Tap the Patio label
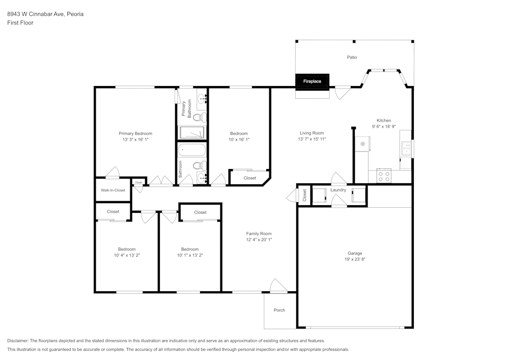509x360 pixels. (x=352, y=58)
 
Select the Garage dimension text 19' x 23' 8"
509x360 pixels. (x=355, y=259)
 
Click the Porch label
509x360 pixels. (x=279, y=310)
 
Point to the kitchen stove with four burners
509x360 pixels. (x=384, y=176)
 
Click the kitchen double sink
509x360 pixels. (x=406, y=148)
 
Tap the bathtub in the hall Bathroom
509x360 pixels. (x=192, y=151)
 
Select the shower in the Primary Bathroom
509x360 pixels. (x=192, y=132)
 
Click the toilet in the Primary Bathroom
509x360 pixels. (x=200, y=118)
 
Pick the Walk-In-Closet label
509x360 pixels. (x=112, y=190)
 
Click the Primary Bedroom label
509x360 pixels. (x=135, y=133)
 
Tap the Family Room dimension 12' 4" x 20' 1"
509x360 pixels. (x=259, y=239)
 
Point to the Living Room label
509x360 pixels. (x=312, y=133)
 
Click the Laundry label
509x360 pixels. (x=338, y=190)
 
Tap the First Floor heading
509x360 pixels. (x=20, y=23)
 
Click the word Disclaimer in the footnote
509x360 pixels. (x=18, y=341)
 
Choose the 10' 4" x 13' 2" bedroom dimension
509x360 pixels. (x=127, y=255)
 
